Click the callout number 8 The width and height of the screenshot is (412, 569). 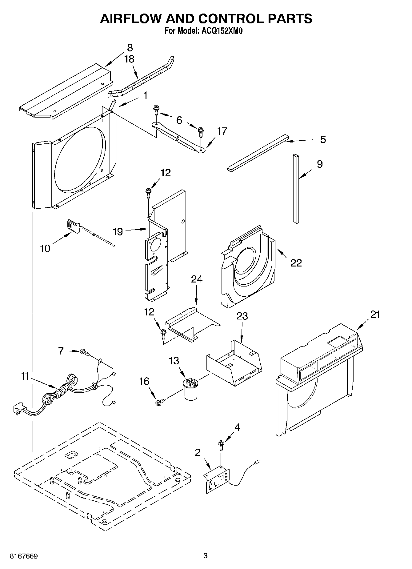pos(130,48)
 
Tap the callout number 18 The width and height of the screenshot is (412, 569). pos(130,59)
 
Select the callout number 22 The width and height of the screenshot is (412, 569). pos(296,263)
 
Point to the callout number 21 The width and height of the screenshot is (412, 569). pos(375,315)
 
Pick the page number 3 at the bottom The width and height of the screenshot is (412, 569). pos(205,556)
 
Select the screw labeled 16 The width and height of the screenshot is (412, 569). pos(160,401)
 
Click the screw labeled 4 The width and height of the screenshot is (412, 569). pos(220,445)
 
